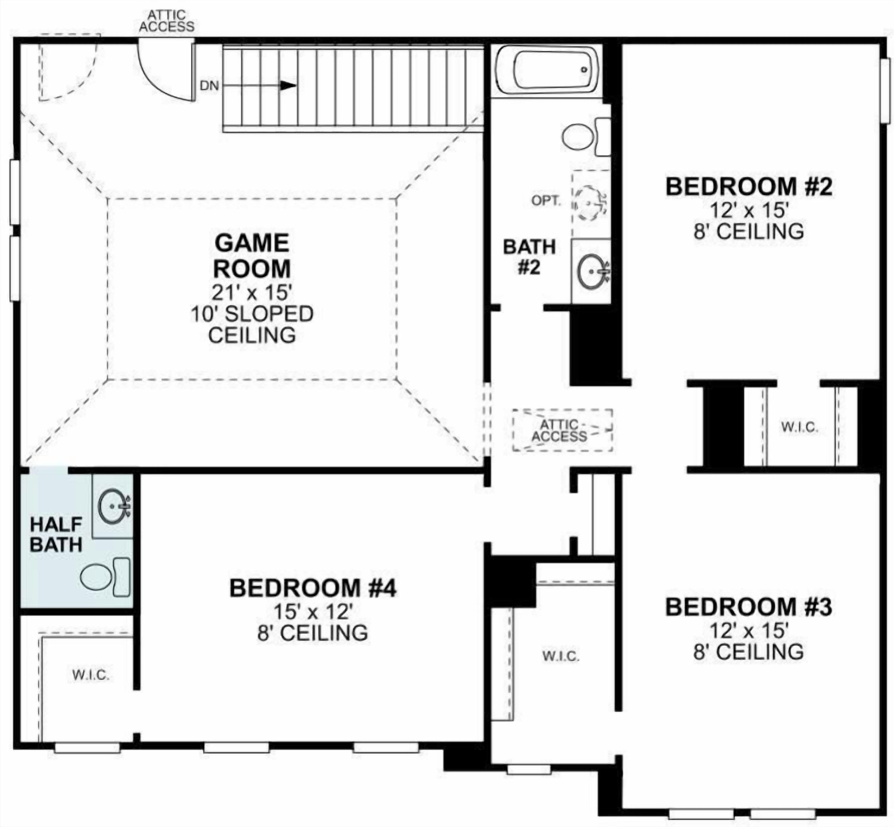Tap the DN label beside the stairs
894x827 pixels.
pyautogui.click(x=209, y=85)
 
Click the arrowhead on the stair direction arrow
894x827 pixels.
pyautogui.click(x=288, y=85)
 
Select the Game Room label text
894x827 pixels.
pyautogui.click(x=252, y=255)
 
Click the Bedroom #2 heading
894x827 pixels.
pyautogui.click(x=749, y=187)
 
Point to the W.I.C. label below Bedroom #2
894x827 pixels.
pyautogui.click(x=800, y=427)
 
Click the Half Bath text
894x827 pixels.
pyautogui.click(x=56, y=534)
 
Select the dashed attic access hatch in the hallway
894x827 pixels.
pyautogui.click(x=562, y=430)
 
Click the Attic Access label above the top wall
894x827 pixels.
pyautogui.click(x=167, y=21)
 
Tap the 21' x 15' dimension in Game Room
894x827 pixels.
pyautogui.click(x=252, y=293)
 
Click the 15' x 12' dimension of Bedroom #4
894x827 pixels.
pyautogui.click(x=313, y=612)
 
